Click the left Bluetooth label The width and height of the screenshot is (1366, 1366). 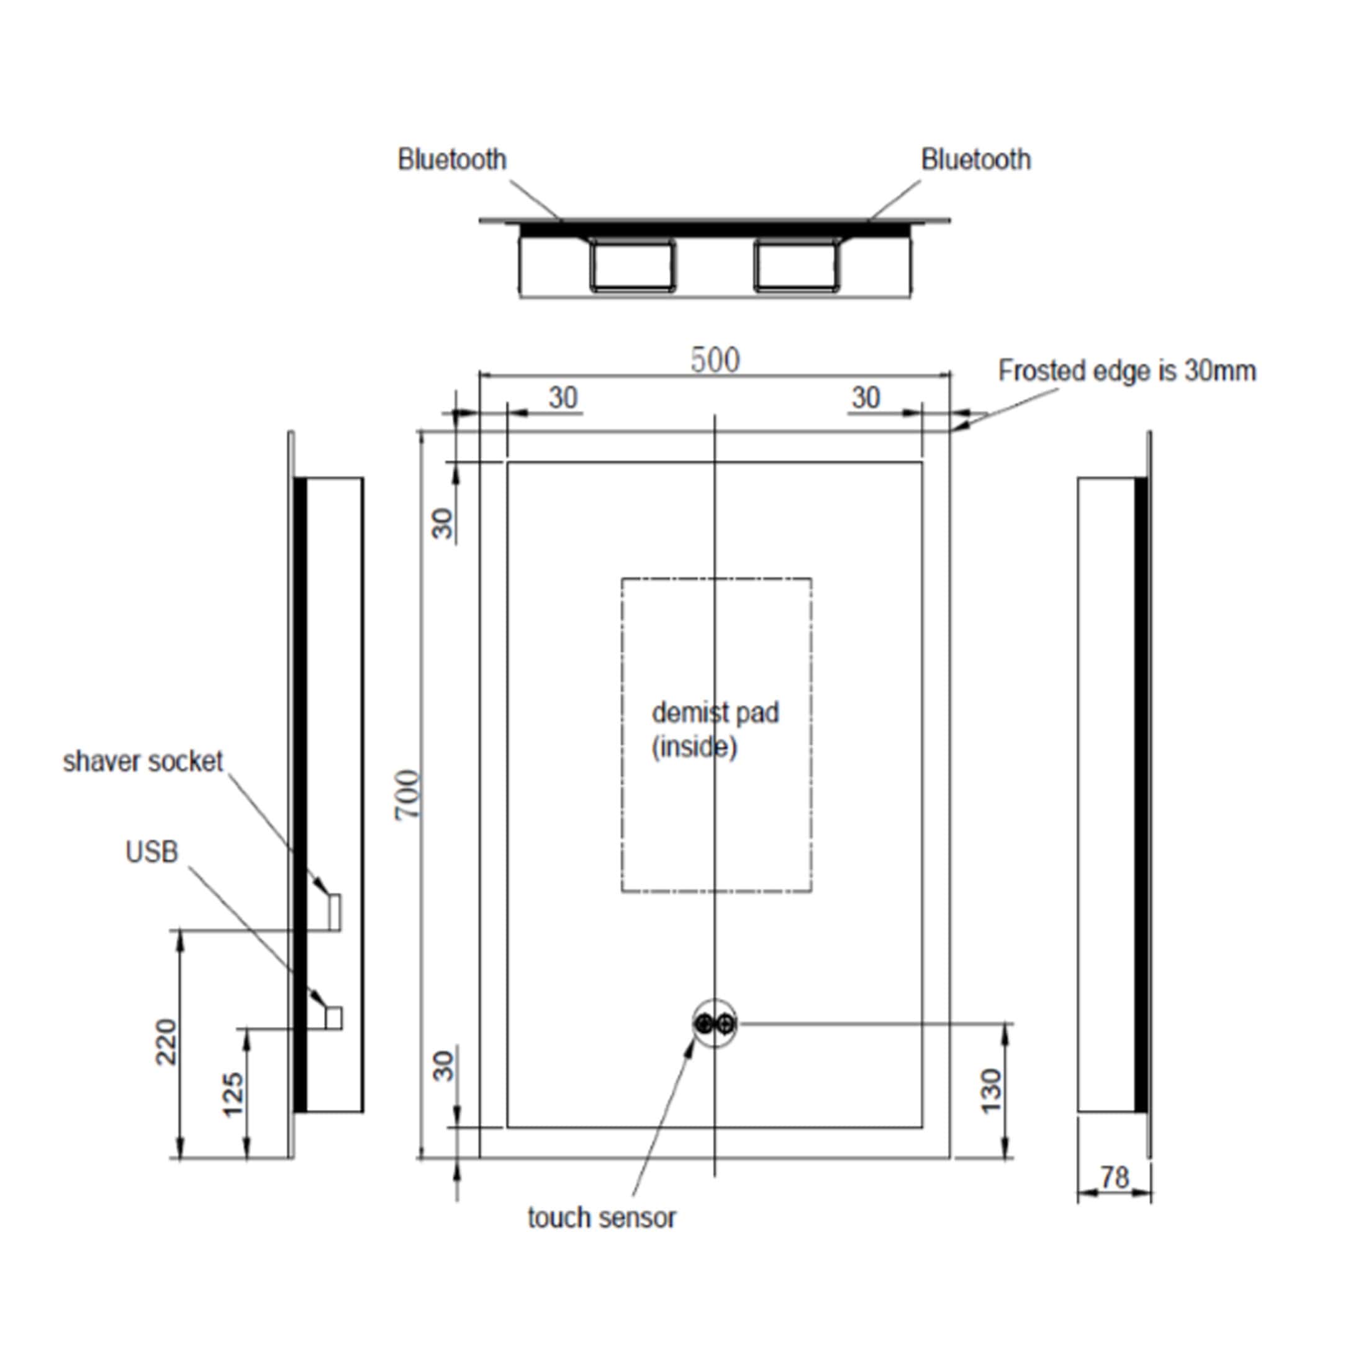coord(452,160)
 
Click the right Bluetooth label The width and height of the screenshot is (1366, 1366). coord(975,160)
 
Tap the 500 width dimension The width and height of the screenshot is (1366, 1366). coord(715,360)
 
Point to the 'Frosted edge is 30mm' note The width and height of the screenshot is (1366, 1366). coord(1127,371)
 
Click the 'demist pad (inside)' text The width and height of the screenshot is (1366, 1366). coord(715,730)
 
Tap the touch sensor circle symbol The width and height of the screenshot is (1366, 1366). coord(715,1023)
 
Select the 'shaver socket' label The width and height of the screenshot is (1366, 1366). coord(143,761)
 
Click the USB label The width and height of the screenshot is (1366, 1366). coord(152,853)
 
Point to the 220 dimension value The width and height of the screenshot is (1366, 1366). coord(166,1042)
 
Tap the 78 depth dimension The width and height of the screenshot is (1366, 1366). coord(1115,1178)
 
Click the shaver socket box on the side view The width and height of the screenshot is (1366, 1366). coord(335,911)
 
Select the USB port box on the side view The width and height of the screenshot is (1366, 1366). coord(333,1016)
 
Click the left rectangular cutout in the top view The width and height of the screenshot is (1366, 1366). coord(632,265)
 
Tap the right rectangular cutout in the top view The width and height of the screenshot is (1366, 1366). coord(796,265)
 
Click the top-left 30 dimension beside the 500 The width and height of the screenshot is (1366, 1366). coord(564,398)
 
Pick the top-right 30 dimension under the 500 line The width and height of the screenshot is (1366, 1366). coord(866,398)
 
